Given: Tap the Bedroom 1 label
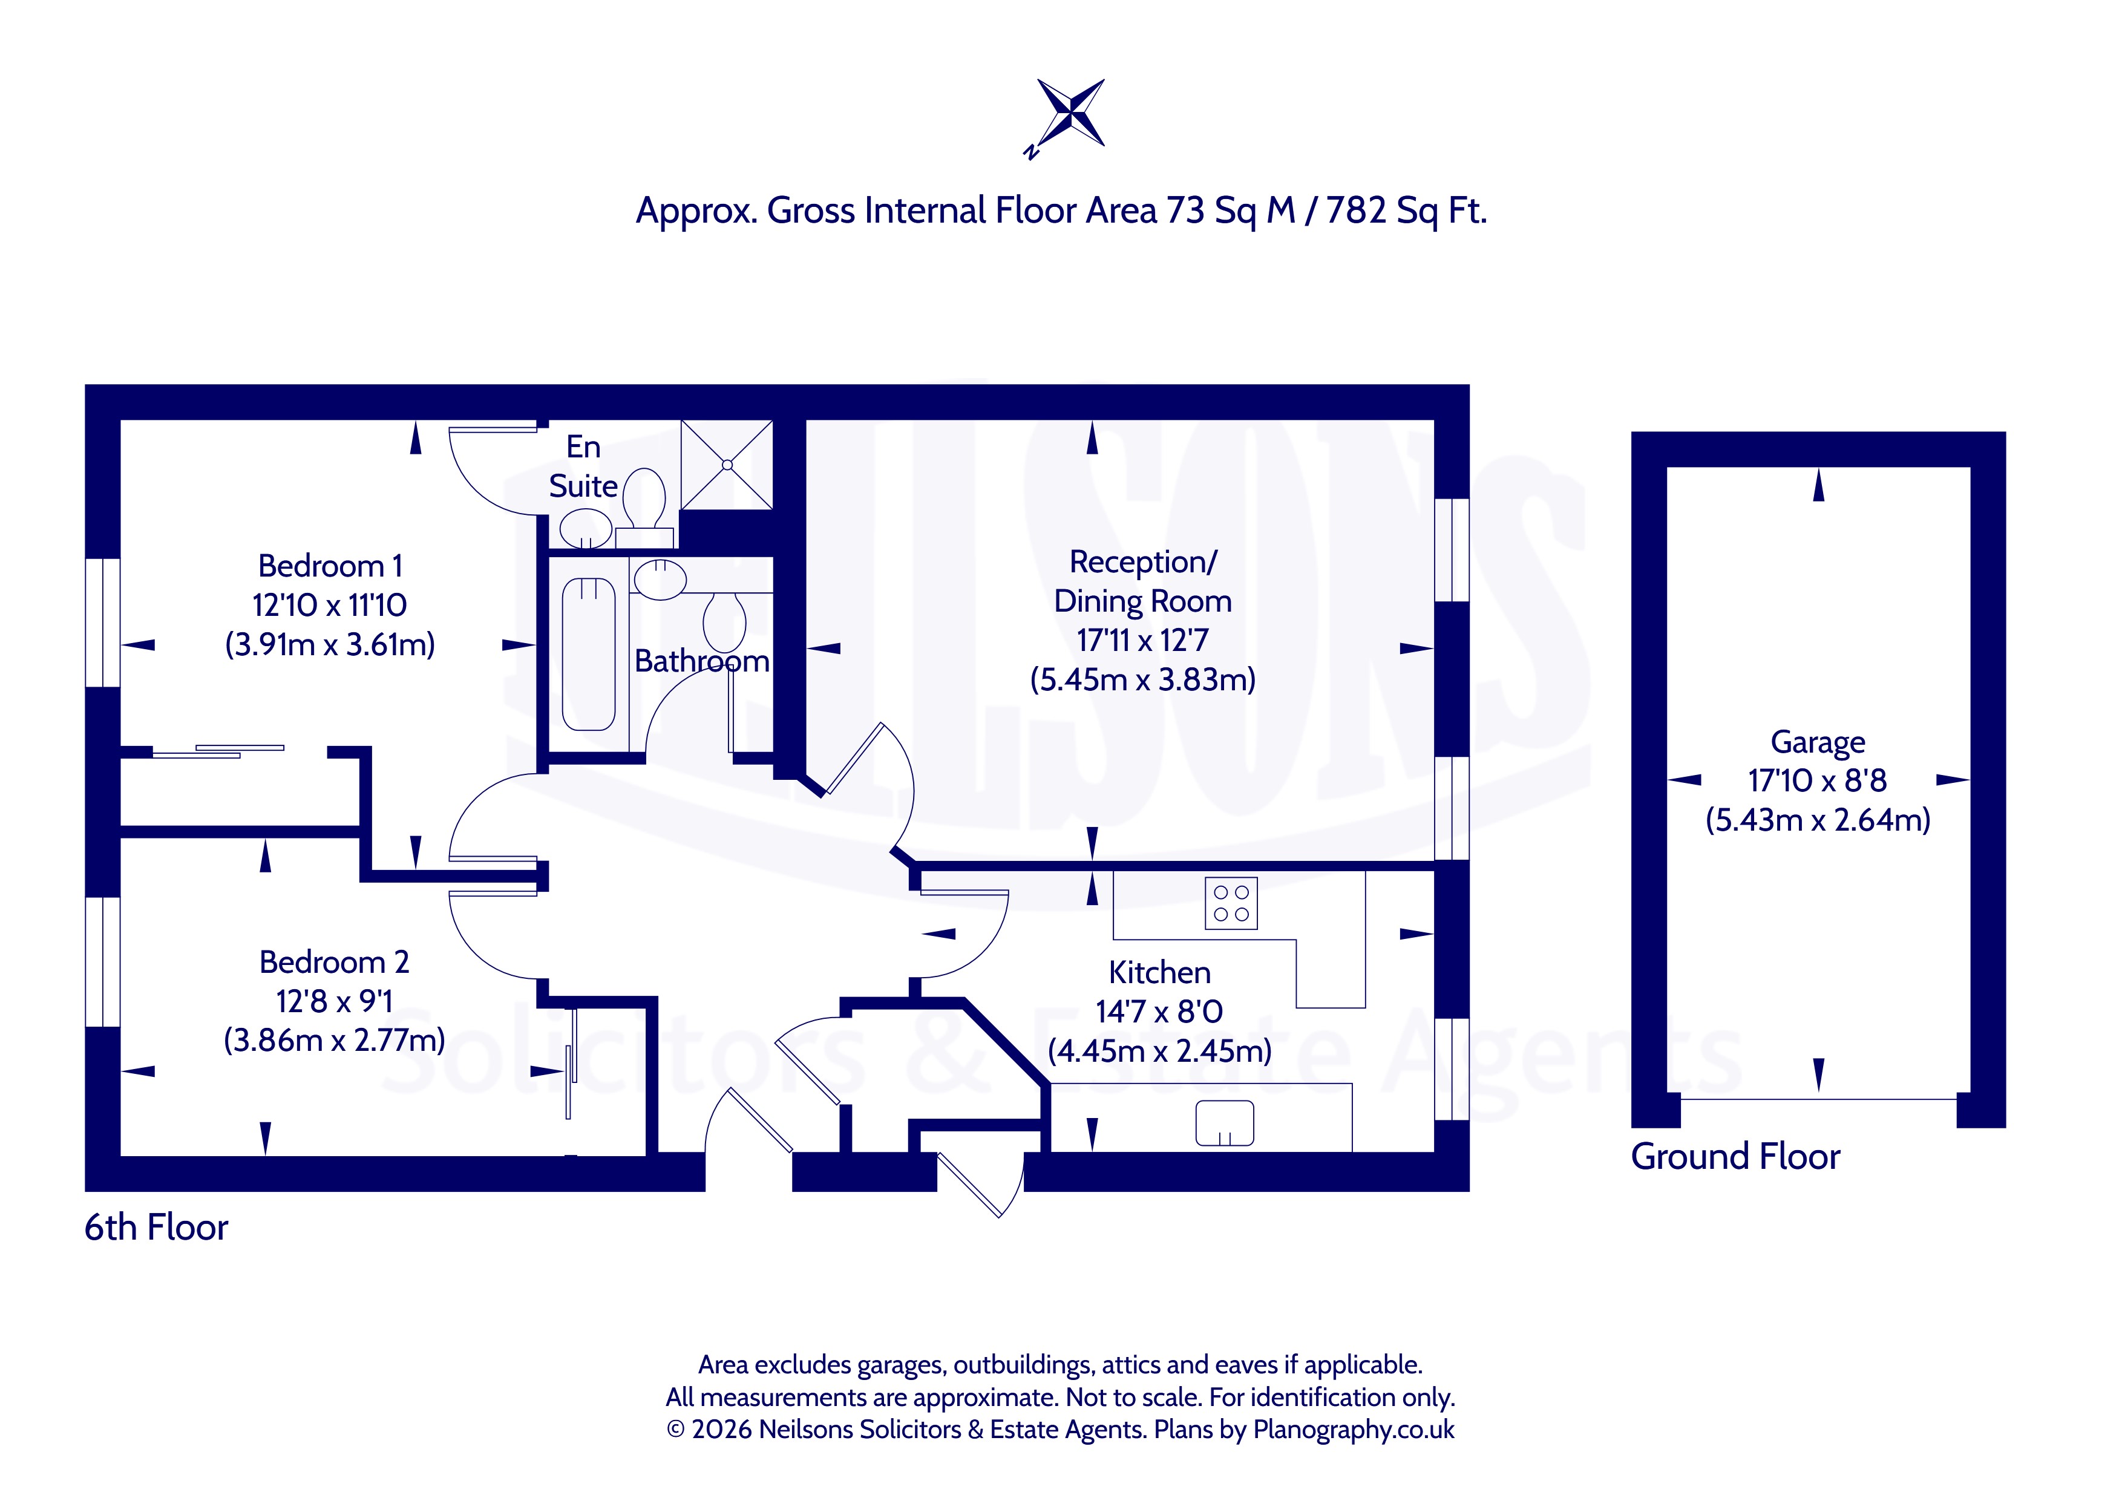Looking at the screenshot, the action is pos(330,566).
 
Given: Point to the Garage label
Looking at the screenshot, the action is pos(1817,743).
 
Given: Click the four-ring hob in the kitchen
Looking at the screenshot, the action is pos(1231,903).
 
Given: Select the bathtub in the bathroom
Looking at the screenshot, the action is pos(589,655).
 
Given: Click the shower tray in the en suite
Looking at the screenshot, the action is pos(727,465).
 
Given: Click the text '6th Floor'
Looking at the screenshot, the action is pos(156,1228).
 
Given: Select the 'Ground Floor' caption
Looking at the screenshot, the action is pos(1735,1156).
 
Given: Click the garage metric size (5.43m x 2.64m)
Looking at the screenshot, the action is pos(1817,820).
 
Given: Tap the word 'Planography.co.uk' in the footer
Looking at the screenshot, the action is pos(1353,1430).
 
